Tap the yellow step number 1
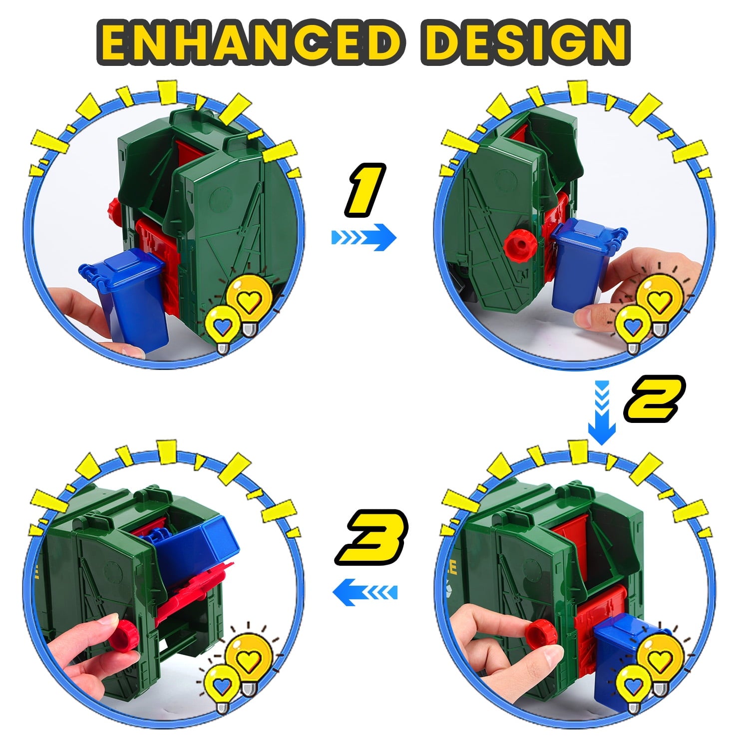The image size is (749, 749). point(365,190)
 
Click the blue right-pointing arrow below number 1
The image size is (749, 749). point(364,237)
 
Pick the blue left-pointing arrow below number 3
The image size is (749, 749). point(365,592)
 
